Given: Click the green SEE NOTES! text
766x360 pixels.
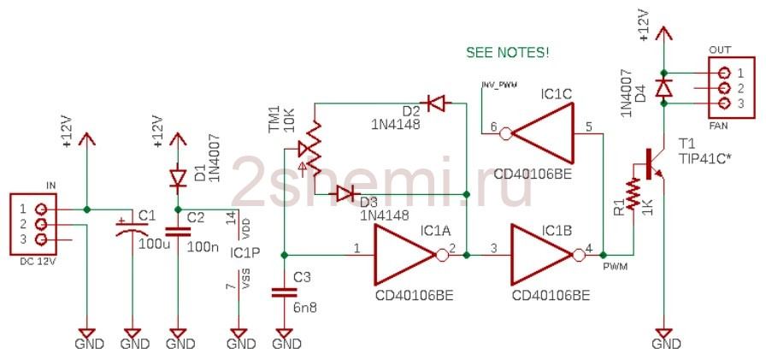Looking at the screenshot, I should click(507, 52).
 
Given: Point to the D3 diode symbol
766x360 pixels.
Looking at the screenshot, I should click(345, 194).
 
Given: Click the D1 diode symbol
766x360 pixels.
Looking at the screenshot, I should click(178, 179).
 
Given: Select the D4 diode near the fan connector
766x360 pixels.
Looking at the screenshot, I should click(663, 87).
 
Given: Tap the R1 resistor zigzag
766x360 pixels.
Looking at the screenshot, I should click(633, 193).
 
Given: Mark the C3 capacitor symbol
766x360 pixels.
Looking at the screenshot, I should click(283, 292).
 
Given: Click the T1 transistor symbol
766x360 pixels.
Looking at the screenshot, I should click(654, 163).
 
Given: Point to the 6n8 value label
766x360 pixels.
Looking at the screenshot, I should click(303, 306).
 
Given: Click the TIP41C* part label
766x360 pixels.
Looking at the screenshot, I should click(707, 159).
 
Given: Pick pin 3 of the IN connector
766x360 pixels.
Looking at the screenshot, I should click(38, 239).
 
